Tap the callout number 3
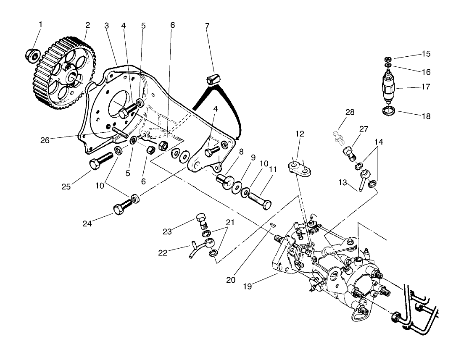tap(107, 25)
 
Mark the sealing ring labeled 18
tap(389, 111)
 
